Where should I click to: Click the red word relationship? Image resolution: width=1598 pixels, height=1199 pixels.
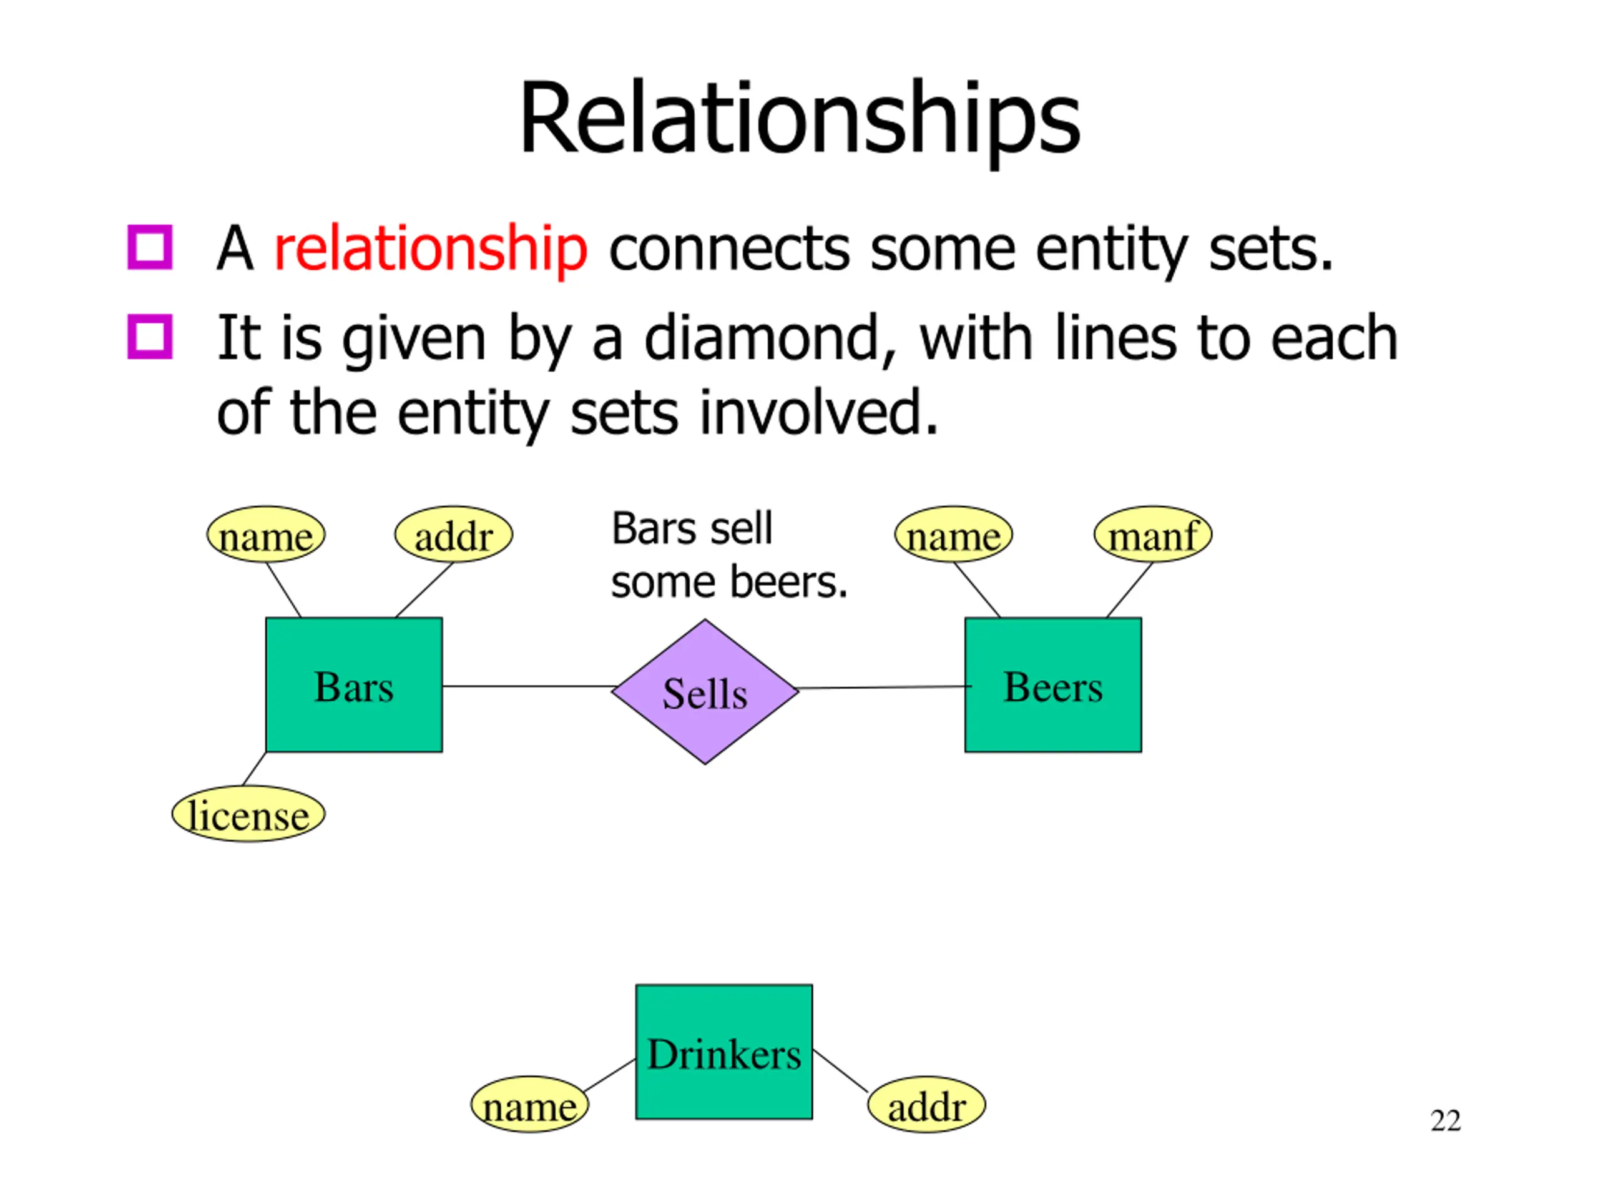tap(431, 249)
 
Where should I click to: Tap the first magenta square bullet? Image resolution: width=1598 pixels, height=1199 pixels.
tap(150, 247)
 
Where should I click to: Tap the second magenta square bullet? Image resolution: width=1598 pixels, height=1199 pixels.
tap(150, 337)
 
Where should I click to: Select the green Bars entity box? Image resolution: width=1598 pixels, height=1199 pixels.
tap(354, 684)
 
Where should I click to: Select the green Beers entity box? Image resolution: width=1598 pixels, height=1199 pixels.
tap(1053, 684)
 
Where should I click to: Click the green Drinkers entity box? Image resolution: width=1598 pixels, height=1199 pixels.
tap(724, 1052)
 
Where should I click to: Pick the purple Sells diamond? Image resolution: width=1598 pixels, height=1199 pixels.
tap(705, 692)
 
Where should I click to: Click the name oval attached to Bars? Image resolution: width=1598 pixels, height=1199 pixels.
tap(266, 535)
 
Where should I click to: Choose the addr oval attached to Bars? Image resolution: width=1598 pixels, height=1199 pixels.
tap(454, 535)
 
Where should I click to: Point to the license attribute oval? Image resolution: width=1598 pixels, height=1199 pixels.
tap(248, 814)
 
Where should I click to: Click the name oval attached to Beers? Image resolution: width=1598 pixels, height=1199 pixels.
tap(954, 535)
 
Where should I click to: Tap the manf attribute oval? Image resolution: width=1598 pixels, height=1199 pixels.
tap(1153, 535)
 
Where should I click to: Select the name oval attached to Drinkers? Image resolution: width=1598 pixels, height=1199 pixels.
tap(529, 1104)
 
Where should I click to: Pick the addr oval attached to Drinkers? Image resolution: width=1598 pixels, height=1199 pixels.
tap(926, 1104)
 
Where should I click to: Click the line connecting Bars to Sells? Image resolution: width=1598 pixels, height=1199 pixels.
tap(528, 686)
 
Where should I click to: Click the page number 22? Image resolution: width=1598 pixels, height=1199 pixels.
tap(1446, 1120)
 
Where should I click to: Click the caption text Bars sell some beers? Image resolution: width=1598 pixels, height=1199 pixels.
tap(729, 555)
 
